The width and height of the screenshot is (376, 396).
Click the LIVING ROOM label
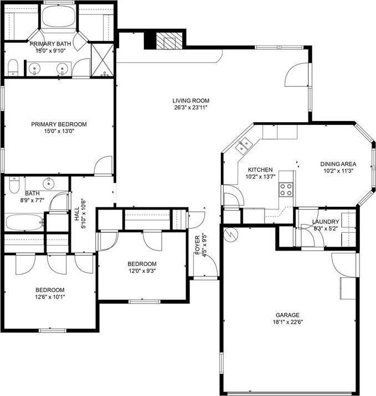(190, 101)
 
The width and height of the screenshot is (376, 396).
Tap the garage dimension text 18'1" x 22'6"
(288, 322)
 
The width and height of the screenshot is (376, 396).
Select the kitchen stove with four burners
(286, 189)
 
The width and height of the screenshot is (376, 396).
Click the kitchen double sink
(243, 145)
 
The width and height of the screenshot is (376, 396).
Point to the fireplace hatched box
(169, 41)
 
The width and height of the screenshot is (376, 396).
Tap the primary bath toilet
(13, 67)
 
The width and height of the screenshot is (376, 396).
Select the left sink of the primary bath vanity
(34, 69)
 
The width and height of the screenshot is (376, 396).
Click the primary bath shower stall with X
(102, 60)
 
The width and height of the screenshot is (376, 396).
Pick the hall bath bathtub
(24, 222)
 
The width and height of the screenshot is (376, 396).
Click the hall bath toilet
(14, 185)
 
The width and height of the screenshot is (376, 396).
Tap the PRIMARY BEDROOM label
(59, 124)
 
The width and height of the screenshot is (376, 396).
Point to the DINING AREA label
(338, 164)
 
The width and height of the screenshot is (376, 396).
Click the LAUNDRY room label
(326, 222)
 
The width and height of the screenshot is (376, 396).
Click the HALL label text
(77, 213)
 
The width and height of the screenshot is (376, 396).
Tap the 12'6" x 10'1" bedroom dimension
(50, 297)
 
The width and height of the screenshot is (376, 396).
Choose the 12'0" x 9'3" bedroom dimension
(142, 271)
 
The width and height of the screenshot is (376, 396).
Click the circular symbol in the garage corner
(231, 235)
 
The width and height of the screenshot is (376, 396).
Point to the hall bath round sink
(48, 184)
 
